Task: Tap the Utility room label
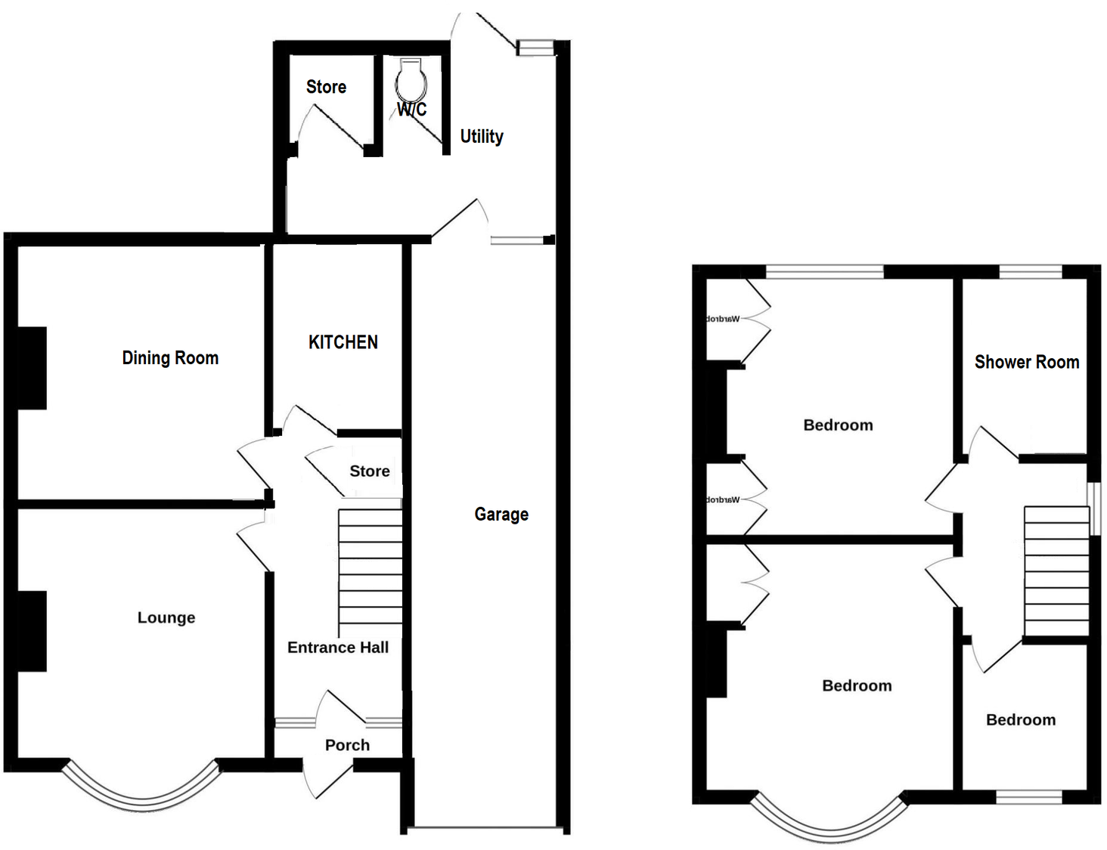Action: [x=482, y=137]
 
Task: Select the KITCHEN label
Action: [x=343, y=342]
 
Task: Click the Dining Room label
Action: [x=170, y=358]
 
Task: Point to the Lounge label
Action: [x=166, y=618]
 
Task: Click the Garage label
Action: [x=501, y=515]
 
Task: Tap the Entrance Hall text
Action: [x=338, y=648]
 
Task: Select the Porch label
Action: [x=347, y=745]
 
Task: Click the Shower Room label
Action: [x=1026, y=362]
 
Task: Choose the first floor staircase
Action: [x=1056, y=571]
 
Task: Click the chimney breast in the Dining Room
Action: [x=32, y=368]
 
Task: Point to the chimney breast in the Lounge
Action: [x=32, y=631]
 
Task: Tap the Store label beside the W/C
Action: [x=326, y=87]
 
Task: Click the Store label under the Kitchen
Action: [x=370, y=471]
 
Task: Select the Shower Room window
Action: [x=1031, y=272]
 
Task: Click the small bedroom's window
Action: [x=1029, y=797]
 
